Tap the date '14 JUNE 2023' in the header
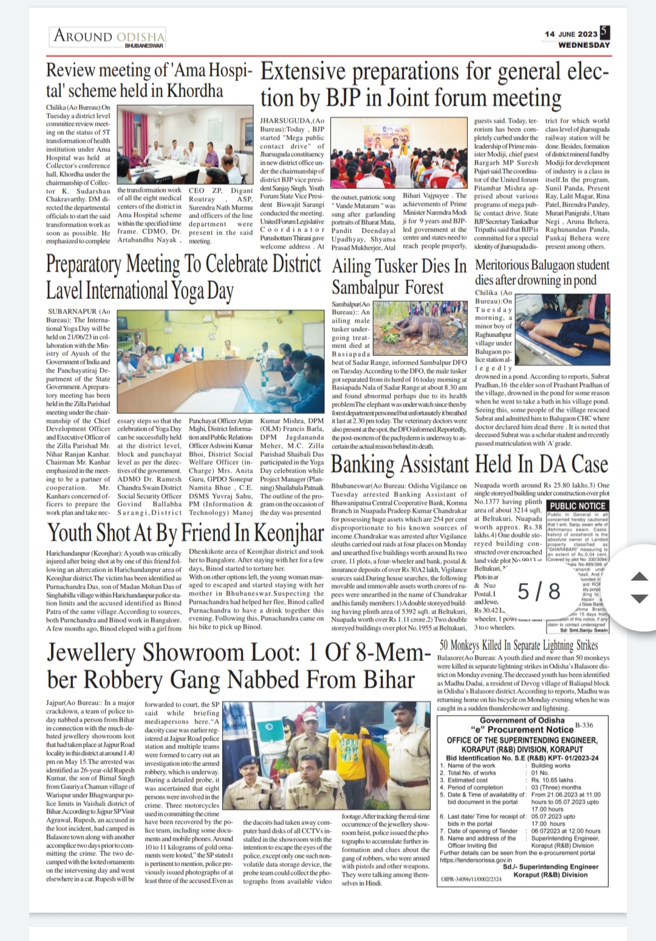pos(571,34)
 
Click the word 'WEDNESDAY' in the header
pos(584,45)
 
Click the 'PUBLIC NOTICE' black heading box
pos(578,505)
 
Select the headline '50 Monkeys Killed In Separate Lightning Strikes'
pos(519,645)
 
